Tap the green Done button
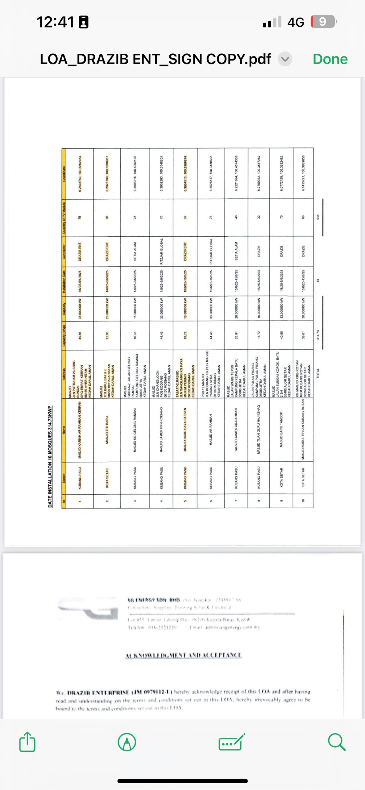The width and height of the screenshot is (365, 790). click(x=330, y=59)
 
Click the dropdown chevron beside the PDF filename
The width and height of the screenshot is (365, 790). click(x=285, y=59)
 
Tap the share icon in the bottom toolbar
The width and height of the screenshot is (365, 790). click(x=27, y=742)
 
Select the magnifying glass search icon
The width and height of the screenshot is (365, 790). click(x=336, y=742)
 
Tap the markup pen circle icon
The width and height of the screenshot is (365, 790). click(x=127, y=742)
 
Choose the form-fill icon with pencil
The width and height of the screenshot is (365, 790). click(x=231, y=742)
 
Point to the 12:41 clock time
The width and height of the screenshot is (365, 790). click(x=56, y=22)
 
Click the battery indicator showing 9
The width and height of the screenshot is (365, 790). click(x=323, y=22)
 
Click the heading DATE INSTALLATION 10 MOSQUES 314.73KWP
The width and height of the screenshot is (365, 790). click(x=50, y=457)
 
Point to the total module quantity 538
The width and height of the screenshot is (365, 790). click(x=318, y=217)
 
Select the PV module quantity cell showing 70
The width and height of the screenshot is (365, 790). click(x=281, y=217)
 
